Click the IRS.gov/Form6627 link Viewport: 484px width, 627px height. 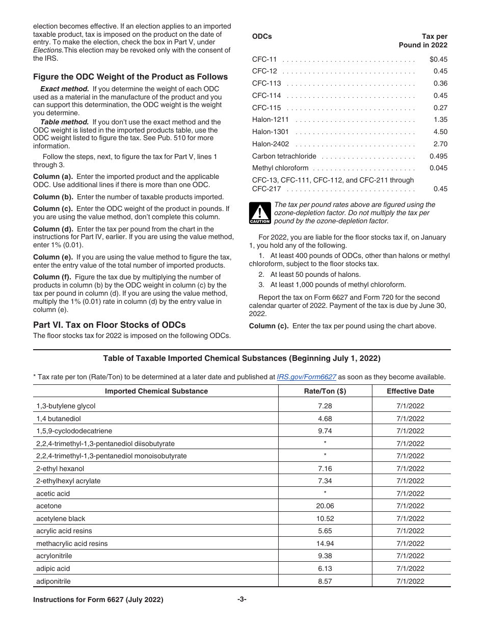[x=306, y=377]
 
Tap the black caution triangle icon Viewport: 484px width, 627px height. [x=259, y=213]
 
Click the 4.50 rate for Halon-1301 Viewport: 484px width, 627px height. [x=440, y=132]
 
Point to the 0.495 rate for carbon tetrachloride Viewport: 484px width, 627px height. [x=438, y=156]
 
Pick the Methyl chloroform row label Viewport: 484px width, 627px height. [x=280, y=168]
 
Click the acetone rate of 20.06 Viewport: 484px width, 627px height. [x=325, y=506]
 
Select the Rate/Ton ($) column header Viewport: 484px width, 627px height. [x=325, y=391]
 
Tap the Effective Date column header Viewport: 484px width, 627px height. [x=410, y=391]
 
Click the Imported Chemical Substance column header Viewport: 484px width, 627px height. [x=156, y=391]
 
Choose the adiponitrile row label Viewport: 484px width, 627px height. [x=53, y=581]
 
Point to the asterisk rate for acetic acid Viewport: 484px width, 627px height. [x=325, y=493]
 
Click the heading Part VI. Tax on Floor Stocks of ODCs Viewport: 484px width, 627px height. [x=110, y=325]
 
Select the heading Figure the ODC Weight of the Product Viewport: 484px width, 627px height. [x=130, y=77]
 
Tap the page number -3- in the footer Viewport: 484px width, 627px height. [x=241, y=600]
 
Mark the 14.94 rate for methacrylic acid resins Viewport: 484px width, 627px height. [x=325, y=543]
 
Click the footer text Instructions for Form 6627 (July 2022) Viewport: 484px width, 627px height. [x=98, y=600]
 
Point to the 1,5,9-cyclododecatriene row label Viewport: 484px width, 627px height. [x=74, y=431]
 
